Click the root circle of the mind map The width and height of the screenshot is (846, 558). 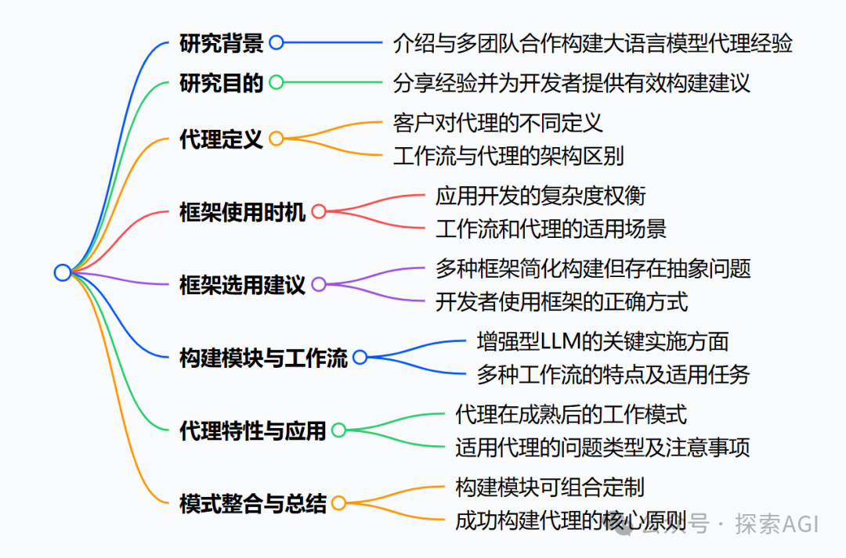pyautogui.click(x=63, y=272)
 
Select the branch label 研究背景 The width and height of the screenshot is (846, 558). pyautogui.click(x=222, y=43)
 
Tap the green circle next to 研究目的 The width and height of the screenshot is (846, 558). pyautogui.click(x=277, y=82)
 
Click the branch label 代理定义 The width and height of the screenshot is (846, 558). pyautogui.click(x=222, y=139)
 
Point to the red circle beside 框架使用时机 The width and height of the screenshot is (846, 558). pyautogui.click(x=318, y=211)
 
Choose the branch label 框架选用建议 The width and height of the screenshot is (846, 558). pyautogui.click(x=243, y=284)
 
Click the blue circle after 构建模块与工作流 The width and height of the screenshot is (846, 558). pyautogui.click(x=360, y=358)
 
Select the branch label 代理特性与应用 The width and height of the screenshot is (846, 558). pyautogui.click(x=252, y=430)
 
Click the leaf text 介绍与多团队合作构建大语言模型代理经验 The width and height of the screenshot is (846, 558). pyautogui.click(x=593, y=43)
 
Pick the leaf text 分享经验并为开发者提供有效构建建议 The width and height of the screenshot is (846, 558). pyautogui.click(x=572, y=82)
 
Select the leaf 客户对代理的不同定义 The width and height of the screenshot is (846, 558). pyautogui.click(x=498, y=123)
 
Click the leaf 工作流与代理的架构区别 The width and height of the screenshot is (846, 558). pyautogui.click(x=508, y=156)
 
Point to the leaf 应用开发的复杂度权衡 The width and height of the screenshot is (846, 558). pyautogui.click(x=540, y=195)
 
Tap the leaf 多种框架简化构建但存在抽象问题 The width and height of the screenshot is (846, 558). pyautogui.click(x=593, y=268)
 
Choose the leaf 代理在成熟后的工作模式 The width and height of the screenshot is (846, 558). pyautogui.click(x=571, y=414)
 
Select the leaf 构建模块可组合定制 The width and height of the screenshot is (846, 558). pyautogui.click(x=550, y=487)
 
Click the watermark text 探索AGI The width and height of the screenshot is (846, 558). pyautogui.click(x=776, y=523)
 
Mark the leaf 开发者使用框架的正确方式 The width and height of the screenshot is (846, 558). pyautogui.click(x=562, y=301)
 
